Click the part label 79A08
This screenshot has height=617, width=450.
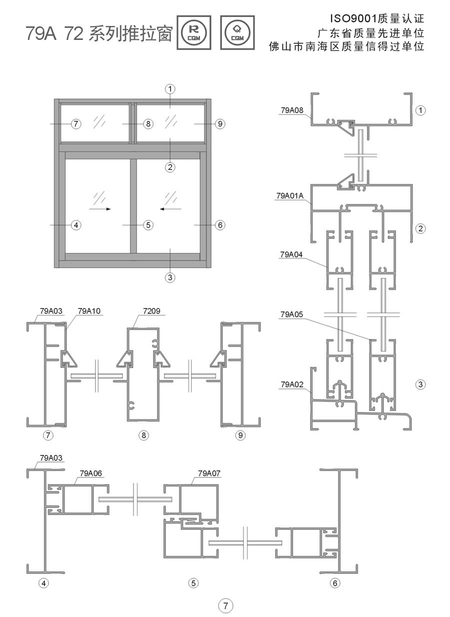[x=292, y=110]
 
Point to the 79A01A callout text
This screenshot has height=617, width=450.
[x=289, y=196]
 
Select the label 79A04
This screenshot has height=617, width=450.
[x=291, y=254]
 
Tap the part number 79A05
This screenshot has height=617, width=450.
[x=291, y=314]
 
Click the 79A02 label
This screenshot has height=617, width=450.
[x=292, y=384]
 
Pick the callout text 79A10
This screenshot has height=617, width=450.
[x=89, y=311]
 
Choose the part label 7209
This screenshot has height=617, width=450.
[x=151, y=311]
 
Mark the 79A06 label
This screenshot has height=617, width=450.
[x=91, y=473]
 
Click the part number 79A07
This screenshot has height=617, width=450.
[x=209, y=473]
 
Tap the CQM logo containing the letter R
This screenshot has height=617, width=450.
[x=194, y=32]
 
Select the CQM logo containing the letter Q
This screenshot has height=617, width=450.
[x=237, y=32]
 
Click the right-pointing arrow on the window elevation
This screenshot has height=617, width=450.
[x=99, y=209]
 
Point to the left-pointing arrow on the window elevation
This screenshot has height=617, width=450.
[x=170, y=209]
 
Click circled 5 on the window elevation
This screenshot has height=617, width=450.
[x=148, y=225]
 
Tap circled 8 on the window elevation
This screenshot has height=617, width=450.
[x=148, y=123]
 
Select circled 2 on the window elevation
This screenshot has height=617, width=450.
[x=170, y=167]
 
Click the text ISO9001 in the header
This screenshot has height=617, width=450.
[x=353, y=18]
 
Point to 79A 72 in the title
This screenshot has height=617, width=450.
[x=54, y=33]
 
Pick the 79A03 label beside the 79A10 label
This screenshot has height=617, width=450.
[x=51, y=311]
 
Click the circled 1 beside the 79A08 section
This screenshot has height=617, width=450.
[x=420, y=110]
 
